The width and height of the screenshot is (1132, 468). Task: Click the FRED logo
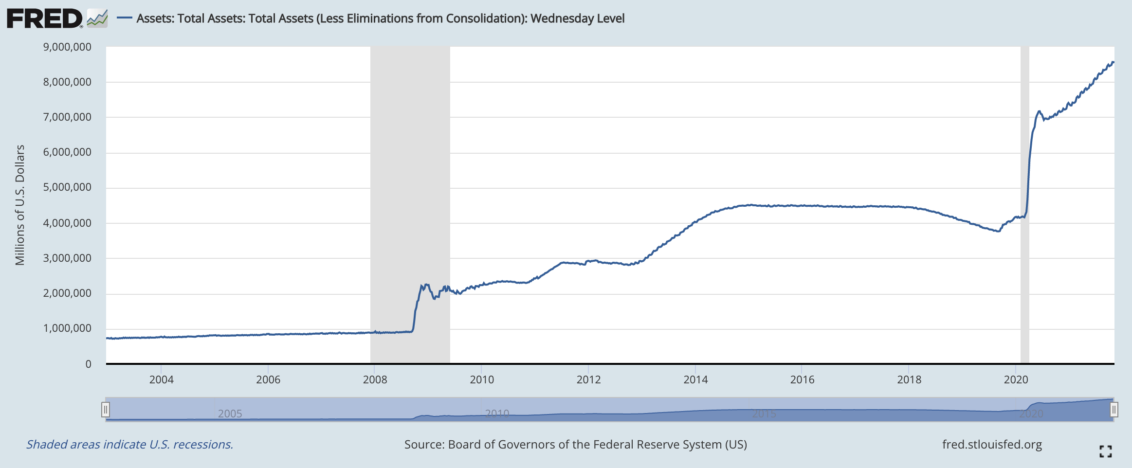point(44,19)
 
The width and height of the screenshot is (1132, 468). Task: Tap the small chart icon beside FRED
point(97,19)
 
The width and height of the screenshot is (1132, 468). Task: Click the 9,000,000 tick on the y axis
point(67,47)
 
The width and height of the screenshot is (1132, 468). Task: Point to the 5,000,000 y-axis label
point(67,187)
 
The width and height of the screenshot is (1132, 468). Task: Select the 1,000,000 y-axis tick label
point(67,328)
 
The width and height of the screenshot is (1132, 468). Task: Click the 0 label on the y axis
point(88,364)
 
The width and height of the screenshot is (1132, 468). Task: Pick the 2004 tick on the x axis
point(161,380)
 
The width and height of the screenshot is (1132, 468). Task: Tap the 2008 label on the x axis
point(375,380)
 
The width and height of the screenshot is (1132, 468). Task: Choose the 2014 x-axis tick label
point(695,380)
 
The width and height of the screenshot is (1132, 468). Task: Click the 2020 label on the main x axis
point(1016,380)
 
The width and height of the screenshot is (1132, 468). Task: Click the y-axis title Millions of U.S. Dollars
point(20,205)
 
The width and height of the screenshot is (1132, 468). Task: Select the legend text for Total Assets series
point(380,18)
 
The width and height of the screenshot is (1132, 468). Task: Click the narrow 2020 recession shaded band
point(1024,204)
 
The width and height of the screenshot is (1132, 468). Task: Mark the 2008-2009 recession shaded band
point(410,204)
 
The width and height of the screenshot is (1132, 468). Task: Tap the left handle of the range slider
point(105,410)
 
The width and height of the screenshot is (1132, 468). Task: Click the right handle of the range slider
point(1114,410)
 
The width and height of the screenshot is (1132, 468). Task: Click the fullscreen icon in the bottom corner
point(1105,451)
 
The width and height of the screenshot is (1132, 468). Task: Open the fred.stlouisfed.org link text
point(992,445)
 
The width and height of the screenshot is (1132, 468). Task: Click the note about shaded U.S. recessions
point(129,445)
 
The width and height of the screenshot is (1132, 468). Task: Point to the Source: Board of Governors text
point(575,445)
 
